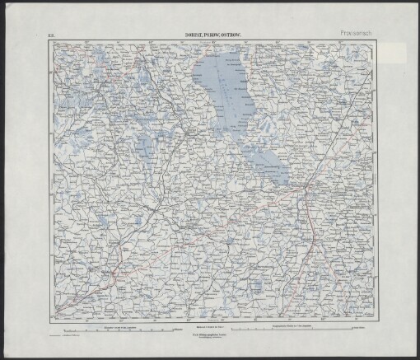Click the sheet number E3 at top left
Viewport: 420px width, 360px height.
coord(51,35)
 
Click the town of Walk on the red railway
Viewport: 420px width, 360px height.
coord(115,268)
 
